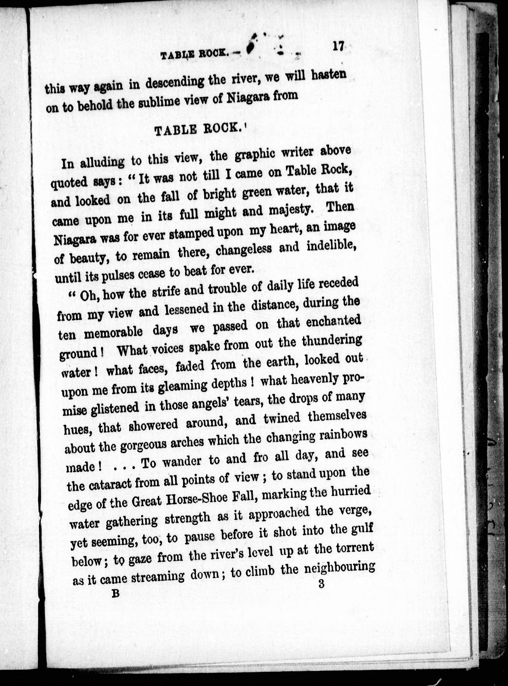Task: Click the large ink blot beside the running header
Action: [x=251, y=45]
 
